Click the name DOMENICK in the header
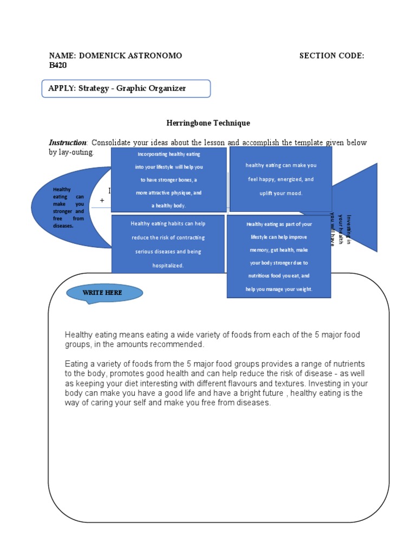coord(101,56)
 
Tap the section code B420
coord(58,65)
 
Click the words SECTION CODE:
coord(331,56)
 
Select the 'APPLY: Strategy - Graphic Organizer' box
coord(126,88)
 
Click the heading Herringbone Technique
coord(207,123)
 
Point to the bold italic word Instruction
coord(68,143)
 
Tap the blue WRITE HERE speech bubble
coord(104,293)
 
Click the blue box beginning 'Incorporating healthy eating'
coord(168,180)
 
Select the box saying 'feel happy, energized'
coord(281,179)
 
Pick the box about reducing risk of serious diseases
coord(167,244)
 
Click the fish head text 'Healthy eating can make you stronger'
coord(68,208)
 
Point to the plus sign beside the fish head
coord(102,201)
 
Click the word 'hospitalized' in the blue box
coord(167,266)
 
